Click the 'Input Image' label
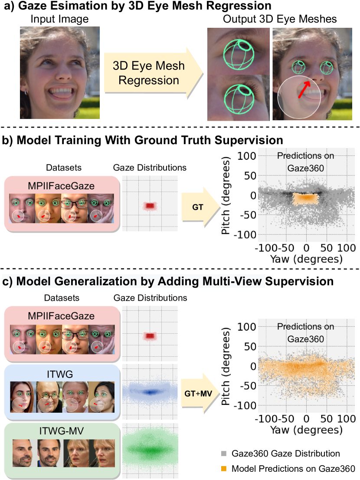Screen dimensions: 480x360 pos(60,20)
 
